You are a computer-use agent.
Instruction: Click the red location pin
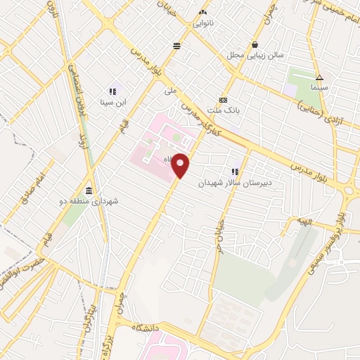(x=181, y=166)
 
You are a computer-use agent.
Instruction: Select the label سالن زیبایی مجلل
(x=255, y=54)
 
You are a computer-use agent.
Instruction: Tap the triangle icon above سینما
(x=319, y=77)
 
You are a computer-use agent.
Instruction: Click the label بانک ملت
(x=224, y=110)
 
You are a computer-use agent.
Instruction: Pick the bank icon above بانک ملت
(x=224, y=100)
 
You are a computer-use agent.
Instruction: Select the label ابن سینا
(x=112, y=103)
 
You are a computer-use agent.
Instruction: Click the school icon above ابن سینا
(x=112, y=91)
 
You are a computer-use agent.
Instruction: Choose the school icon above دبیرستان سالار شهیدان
(x=235, y=171)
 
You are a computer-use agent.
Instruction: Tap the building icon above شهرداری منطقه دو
(x=89, y=191)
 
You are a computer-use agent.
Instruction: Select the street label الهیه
(x=303, y=221)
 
